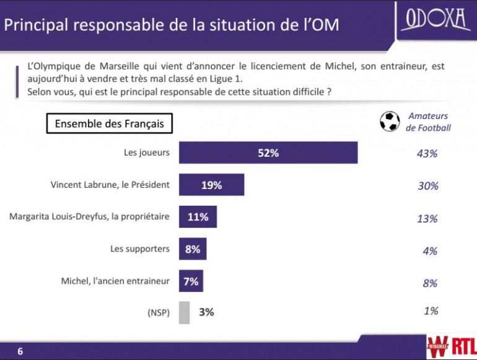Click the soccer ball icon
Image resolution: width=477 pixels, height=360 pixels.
tap(389, 121)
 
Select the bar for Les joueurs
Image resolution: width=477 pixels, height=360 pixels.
tap(268, 153)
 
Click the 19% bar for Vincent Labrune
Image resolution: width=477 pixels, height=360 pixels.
tap(211, 185)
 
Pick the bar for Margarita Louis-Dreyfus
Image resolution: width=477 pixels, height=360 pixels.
tap(198, 217)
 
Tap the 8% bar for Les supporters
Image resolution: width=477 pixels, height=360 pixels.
tap(193, 249)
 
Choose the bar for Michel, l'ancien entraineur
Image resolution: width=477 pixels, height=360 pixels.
tap(191, 281)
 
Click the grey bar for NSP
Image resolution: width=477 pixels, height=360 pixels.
tap(184, 312)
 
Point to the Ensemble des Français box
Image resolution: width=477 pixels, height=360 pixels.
tap(110, 123)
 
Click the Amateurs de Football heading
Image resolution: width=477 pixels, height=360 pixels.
tap(428, 122)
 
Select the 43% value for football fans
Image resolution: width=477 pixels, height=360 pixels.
tap(427, 154)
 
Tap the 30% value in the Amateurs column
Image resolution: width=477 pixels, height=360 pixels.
tap(427, 186)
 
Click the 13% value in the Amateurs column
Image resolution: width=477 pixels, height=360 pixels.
tap(427, 219)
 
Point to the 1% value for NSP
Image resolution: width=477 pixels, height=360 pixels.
tap(431, 311)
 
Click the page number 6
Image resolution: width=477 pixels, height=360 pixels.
tap(20, 351)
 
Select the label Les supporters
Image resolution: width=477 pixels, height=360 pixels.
tap(140, 248)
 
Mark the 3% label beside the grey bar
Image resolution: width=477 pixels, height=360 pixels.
tap(206, 312)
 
